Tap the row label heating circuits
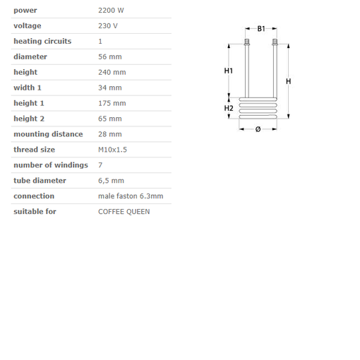tap(42, 42)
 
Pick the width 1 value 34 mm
tap(109, 88)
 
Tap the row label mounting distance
tap(48, 134)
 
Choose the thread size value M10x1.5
tap(113, 150)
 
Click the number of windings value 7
tap(100, 165)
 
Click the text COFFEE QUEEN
tap(124, 212)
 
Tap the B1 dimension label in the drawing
tap(261, 29)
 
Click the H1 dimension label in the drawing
tap(229, 71)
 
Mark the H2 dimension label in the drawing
tap(229, 108)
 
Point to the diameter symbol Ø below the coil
tap(258, 129)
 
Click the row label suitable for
tap(35, 212)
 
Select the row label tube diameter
tap(39, 181)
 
